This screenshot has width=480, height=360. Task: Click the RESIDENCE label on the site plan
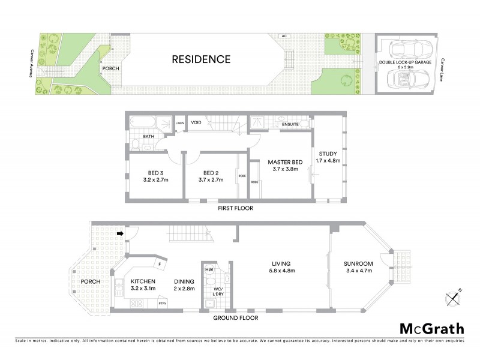(201, 59)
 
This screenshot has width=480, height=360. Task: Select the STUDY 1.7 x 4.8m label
(328, 157)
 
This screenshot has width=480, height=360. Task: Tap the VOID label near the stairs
(196, 122)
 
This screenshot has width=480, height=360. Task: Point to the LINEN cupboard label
(179, 124)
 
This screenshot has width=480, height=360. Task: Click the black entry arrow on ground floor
(120, 234)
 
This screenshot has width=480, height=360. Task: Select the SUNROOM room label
(358, 267)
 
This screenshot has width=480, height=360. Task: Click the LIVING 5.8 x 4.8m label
(281, 267)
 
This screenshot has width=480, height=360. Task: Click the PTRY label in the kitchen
(162, 304)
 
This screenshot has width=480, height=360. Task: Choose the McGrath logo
(431, 328)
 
